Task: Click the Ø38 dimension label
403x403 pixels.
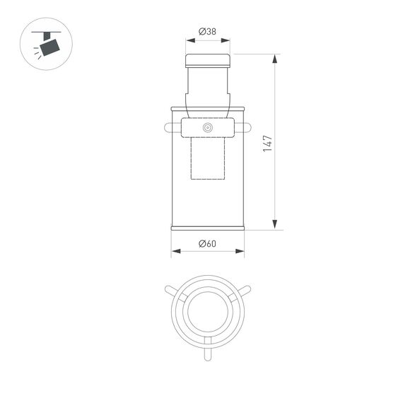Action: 207,31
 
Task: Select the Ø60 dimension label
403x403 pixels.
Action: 207,243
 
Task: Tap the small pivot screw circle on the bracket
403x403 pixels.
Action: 208,128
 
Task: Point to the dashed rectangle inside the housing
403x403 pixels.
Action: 208,158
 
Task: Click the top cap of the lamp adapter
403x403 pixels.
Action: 208,59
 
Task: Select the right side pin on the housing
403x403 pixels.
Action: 247,128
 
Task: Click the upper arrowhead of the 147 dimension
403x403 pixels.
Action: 275,57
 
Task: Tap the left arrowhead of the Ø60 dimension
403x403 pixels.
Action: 175,251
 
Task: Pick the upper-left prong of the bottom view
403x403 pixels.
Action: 170,290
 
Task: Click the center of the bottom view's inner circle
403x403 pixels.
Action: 208,310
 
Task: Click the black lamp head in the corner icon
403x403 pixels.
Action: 49,47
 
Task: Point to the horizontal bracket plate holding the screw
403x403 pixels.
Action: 208,128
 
